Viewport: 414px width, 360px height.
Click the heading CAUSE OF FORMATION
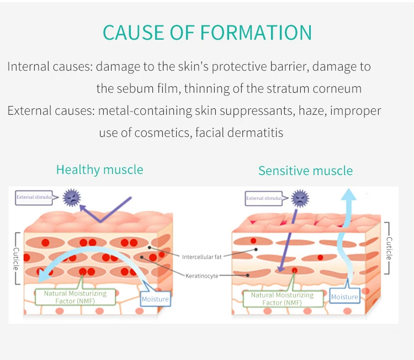coord(207,33)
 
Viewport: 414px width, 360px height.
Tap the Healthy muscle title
coord(99,170)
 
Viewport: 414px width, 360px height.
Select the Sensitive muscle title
coord(305,171)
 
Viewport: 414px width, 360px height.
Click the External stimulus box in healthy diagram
coord(34,197)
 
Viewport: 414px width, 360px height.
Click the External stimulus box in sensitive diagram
coord(264,198)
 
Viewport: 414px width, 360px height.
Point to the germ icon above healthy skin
coord(71,197)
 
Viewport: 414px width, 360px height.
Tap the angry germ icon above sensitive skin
coord(300,198)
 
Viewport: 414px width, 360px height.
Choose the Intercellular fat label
coord(201,257)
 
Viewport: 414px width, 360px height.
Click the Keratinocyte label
coord(202,276)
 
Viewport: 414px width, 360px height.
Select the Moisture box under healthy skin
coord(155,299)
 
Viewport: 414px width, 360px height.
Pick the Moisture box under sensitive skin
coord(344,297)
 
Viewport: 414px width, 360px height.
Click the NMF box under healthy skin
coord(75,297)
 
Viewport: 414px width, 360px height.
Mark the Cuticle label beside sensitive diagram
coord(389,248)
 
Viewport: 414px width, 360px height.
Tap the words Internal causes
coord(50,67)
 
